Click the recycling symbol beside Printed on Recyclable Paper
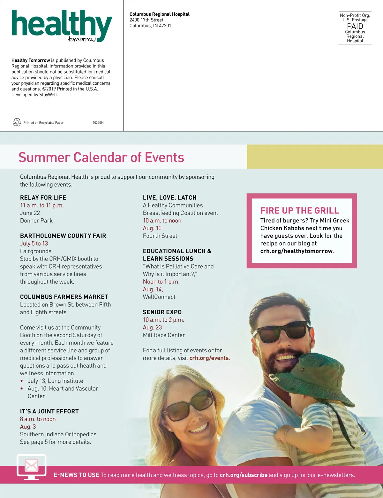tap(17, 122)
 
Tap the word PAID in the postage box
tap(355, 26)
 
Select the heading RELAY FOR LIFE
tap(43, 198)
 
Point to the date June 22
tap(30, 213)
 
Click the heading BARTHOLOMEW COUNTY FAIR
tap(63, 236)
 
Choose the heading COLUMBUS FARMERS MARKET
tap(64, 297)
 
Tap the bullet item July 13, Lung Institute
tap(55, 381)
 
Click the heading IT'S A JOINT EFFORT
tap(49, 411)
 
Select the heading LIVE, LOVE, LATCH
tap(169, 198)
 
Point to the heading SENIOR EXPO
tap(162, 312)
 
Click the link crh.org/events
tap(209, 358)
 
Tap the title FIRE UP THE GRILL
tap(300, 210)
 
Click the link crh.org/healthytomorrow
tap(296, 251)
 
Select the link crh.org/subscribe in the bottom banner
tap(244, 475)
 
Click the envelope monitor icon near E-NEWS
tap(31, 466)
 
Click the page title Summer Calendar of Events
tap(101, 157)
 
